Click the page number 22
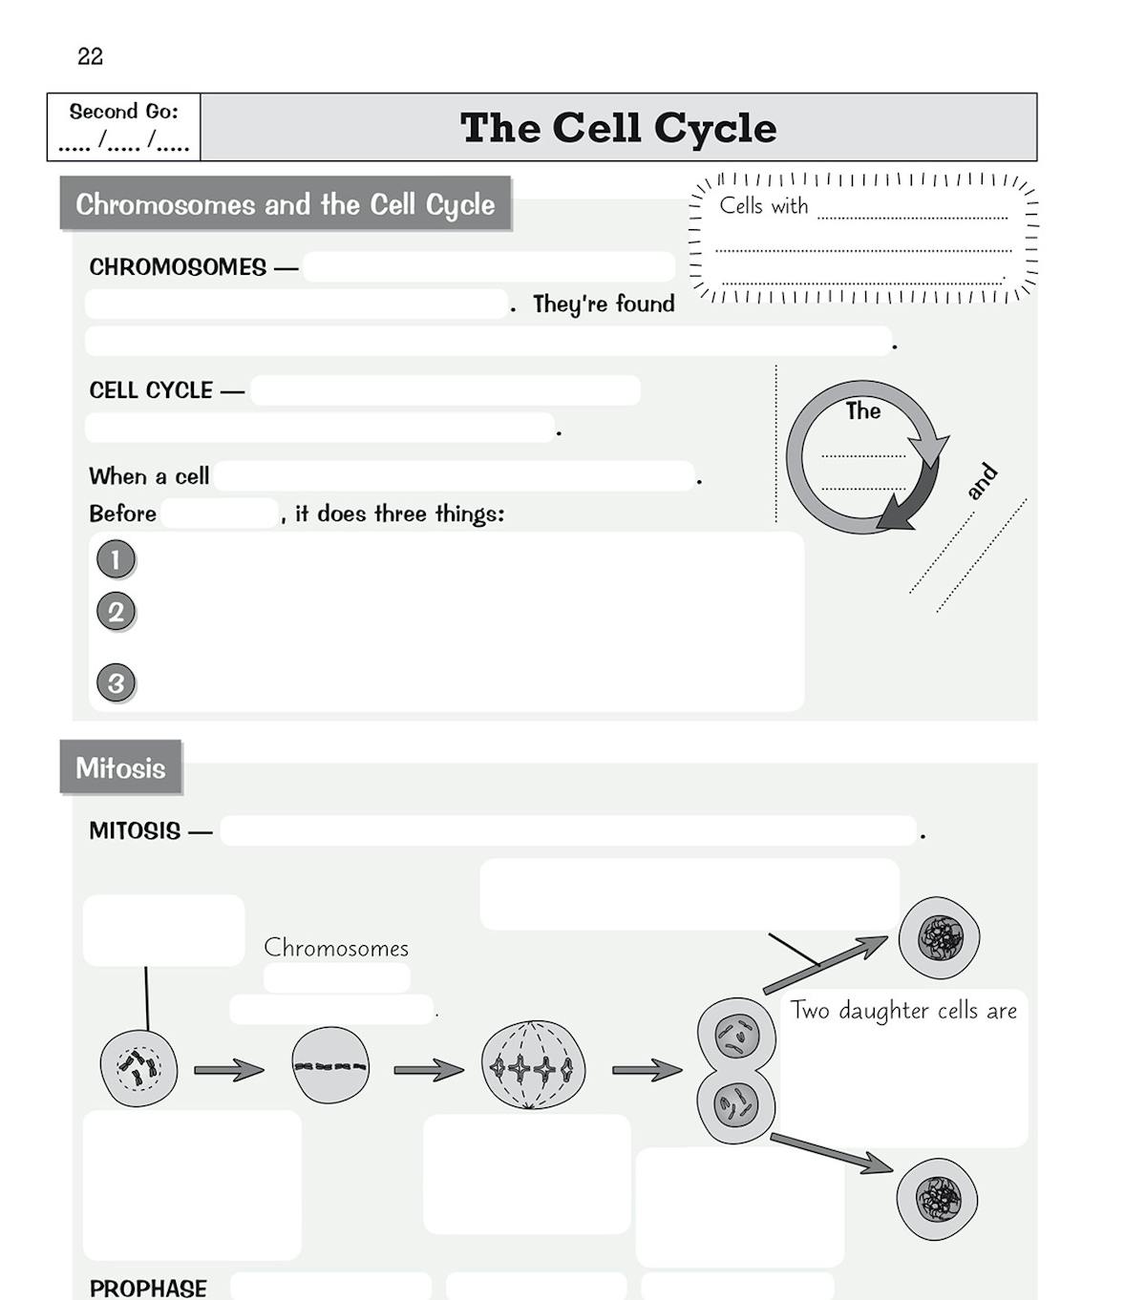click(x=90, y=56)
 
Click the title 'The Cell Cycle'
click(x=618, y=128)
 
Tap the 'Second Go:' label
click(x=123, y=112)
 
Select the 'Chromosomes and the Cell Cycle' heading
click(x=285, y=204)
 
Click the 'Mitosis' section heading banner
click(x=120, y=767)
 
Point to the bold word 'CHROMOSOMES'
click(x=178, y=267)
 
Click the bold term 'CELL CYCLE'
click(x=151, y=390)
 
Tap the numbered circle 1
click(x=116, y=559)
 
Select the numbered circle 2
click(x=116, y=612)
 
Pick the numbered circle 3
click(x=116, y=683)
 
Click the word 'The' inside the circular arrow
click(x=862, y=411)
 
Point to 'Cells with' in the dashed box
click(x=763, y=206)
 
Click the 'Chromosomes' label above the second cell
click(x=336, y=948)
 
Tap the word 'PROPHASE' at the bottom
click(x=148, y=1288)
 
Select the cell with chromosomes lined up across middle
click(x=330, y=1066)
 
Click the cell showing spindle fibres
click(x=533, y=1066)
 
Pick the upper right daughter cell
click(x=939, y=937)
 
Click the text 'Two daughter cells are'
click(x=903, y=1011)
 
